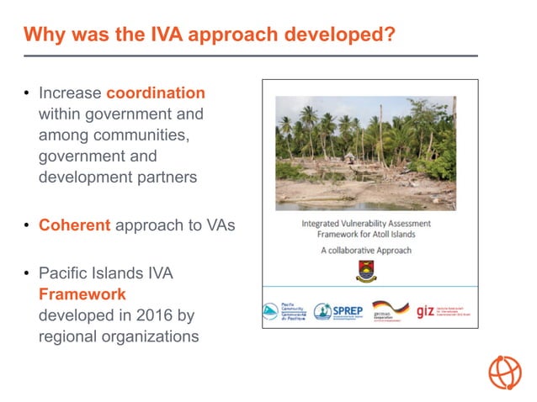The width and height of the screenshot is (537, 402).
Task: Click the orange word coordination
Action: (155, 93)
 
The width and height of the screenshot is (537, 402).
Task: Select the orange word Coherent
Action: (74, 225)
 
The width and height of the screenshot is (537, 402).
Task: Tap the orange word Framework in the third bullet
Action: (82, 294)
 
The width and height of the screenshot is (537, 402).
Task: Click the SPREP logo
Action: (338, 311)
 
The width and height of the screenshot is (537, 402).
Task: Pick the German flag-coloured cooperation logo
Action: (390, 310)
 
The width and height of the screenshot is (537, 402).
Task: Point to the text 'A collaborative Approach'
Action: (367, 250)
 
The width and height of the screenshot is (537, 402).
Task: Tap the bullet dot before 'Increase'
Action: (27, 93)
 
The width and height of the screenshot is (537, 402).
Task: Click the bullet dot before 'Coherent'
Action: (27, 226)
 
